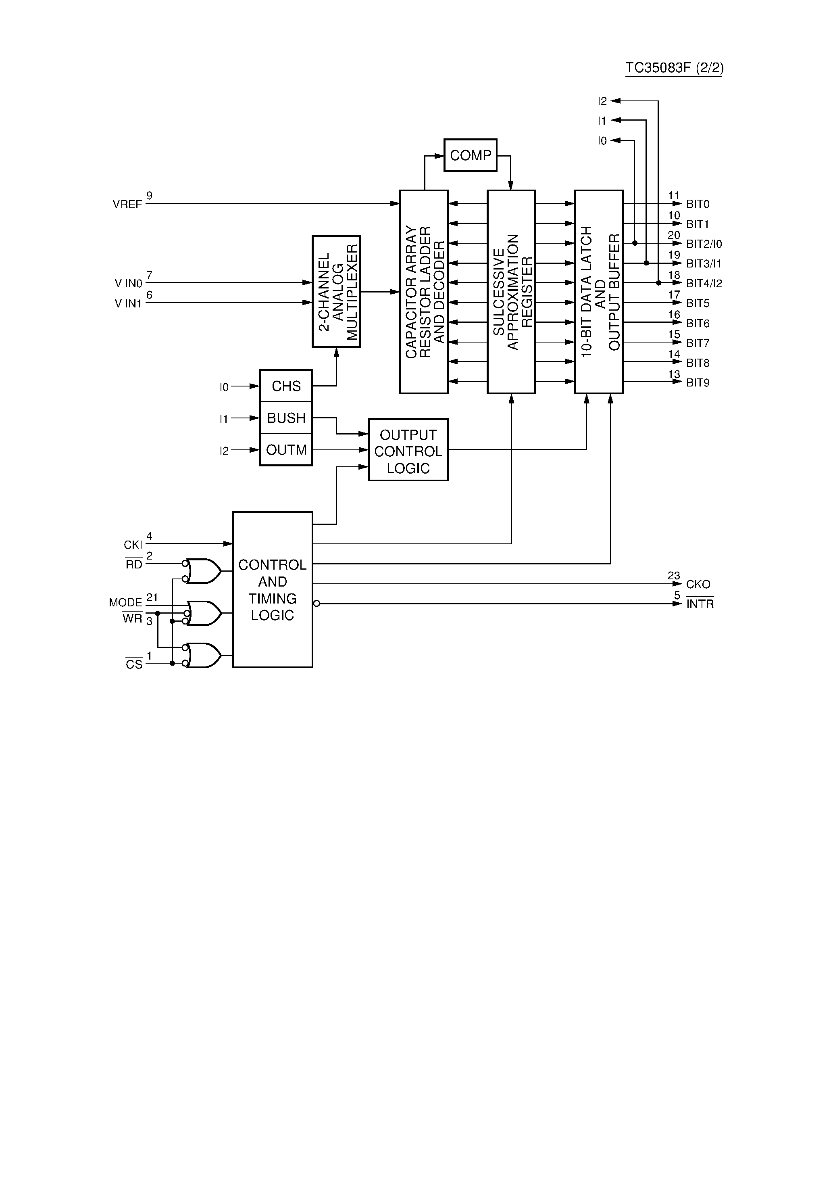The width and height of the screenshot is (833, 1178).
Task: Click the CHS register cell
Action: pos(286,386)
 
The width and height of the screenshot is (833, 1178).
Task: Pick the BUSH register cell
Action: pos(286,418)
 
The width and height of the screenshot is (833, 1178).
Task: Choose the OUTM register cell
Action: pos(286,450)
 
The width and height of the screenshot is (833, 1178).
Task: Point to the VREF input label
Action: pos(127,205)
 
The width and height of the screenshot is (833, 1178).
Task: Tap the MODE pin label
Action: pos(125,602)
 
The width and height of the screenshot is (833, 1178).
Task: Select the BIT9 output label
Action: pos(698,383)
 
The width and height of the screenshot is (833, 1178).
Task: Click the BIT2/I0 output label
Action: pos(704,244)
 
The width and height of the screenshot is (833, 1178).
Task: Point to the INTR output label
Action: pos(700,604)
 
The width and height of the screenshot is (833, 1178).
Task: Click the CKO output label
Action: pos(698,585)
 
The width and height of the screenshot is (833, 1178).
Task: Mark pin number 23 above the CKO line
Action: pos(673,576)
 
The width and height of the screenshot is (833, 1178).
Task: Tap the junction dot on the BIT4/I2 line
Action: pos(658,283)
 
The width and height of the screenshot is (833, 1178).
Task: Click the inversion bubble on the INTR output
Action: pos(317,604)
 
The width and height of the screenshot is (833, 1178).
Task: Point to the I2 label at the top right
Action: pos(602,102)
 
